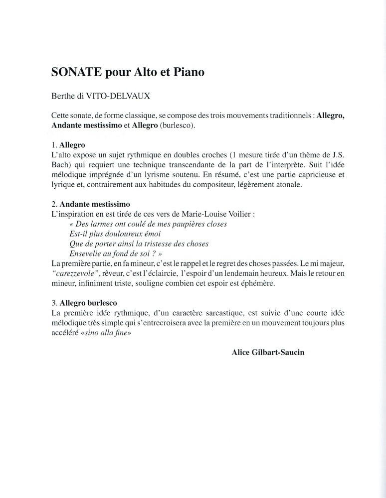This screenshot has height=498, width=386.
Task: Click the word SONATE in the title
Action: [x=75, y=72]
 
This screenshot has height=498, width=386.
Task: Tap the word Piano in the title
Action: [x=189, y=72]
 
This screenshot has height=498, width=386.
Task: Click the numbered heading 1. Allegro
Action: [x=68, y=146]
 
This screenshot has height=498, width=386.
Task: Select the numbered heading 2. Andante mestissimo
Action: [x=90, y=204]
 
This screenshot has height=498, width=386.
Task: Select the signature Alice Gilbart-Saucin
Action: [x=268, y=352]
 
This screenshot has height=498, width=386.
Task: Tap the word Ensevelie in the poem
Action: [x=86, y=253]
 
